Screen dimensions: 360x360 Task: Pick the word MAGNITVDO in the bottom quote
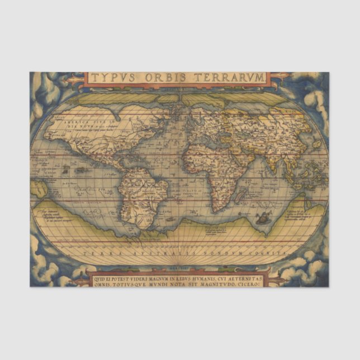tap(220, 282)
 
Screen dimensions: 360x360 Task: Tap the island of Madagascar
tap(241, 196)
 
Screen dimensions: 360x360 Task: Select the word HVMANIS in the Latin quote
tap(194, 274)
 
